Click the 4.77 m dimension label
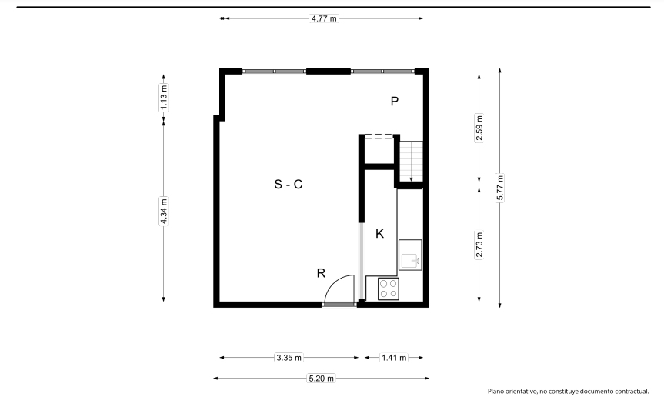(x=324, y=18)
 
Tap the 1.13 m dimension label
(x=164, y=98)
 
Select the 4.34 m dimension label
(x=164, y=211)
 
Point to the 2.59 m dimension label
(x=479, y=128)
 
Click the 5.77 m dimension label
(x=499, y=188)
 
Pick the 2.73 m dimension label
(x=479, y=245)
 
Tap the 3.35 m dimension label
(x=289, y=358)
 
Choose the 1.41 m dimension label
(x=394, y=358)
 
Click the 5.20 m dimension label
(x=322, y=379)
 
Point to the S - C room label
(x=289, y=184)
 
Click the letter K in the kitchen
(x=380, y=234)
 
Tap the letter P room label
(x=394, y=102)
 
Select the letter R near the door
(x=321, y=273)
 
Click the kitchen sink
(x=410, y=255)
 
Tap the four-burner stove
(x=389, y=289)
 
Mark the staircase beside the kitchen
(x=411, y=161)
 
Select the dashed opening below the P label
(x=379, y=136)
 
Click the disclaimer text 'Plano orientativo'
(x=512, y=392)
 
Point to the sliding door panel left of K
(x=361, y=261)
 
